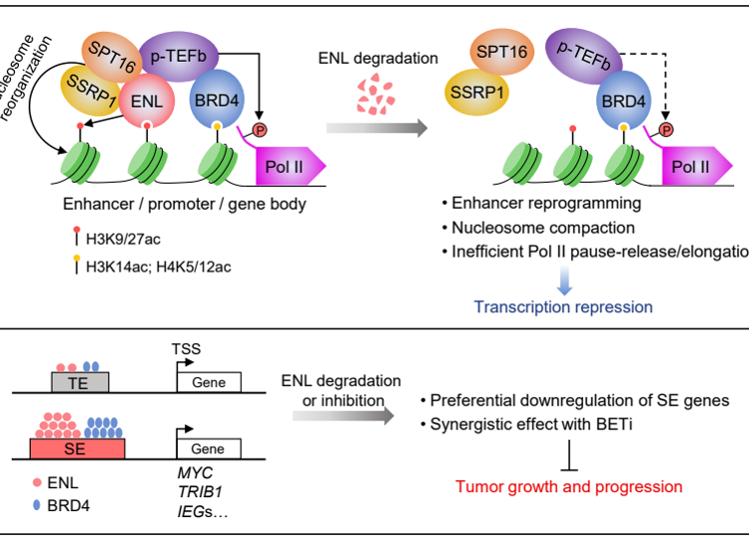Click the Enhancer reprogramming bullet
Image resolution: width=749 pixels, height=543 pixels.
[x=540, y=204]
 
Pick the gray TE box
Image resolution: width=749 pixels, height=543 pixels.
[x=80, y=381]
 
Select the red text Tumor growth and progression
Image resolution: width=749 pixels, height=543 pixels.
[x=569, y=487]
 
